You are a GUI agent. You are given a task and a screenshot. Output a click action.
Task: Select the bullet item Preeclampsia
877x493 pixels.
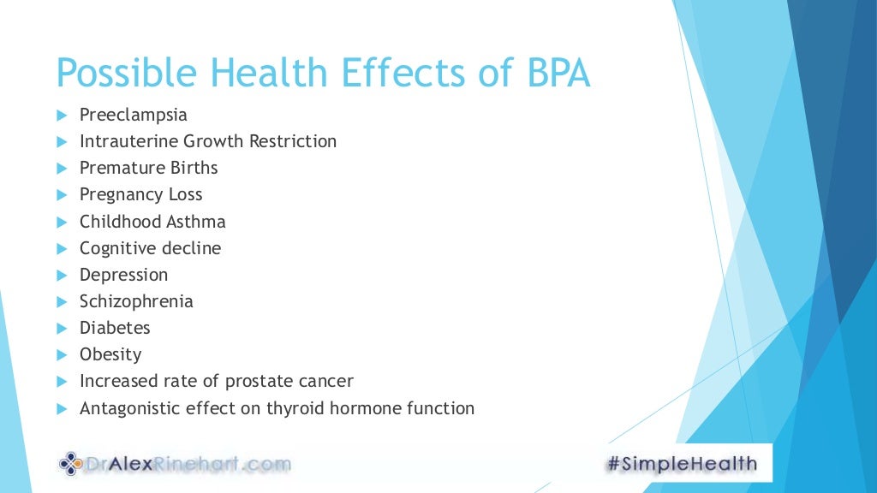[x=133, y=115]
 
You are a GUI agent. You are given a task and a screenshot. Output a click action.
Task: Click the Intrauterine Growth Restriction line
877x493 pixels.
[x=208, y=141]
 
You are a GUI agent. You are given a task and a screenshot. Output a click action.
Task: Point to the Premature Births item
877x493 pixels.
[x=148, y=168]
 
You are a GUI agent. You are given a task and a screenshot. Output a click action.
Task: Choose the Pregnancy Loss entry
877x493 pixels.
[x=140, y=194]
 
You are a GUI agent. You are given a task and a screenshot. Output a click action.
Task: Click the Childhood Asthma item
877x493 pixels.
[x=152, y=222]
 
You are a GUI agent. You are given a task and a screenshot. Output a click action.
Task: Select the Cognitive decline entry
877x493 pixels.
[x=150, y=248]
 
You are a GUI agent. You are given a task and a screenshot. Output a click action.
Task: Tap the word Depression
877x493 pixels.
[x=123, y=275]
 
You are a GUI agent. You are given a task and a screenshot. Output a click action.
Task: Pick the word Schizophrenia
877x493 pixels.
[x=136, y=301]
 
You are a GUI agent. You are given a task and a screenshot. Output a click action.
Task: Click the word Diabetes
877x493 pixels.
[x=115, y=328]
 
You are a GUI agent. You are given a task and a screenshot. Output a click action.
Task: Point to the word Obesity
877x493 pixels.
[x=110, y=354]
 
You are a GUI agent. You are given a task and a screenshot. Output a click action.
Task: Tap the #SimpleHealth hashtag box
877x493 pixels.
[x=682, y=464]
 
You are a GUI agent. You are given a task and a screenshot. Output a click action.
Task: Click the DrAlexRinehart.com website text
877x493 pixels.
[x=188, y=465]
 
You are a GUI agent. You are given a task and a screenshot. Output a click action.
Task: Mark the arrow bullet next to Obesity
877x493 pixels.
[x=61, y=355]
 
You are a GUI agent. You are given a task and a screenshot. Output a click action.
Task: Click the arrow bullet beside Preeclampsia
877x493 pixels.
[x=61, y=116]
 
